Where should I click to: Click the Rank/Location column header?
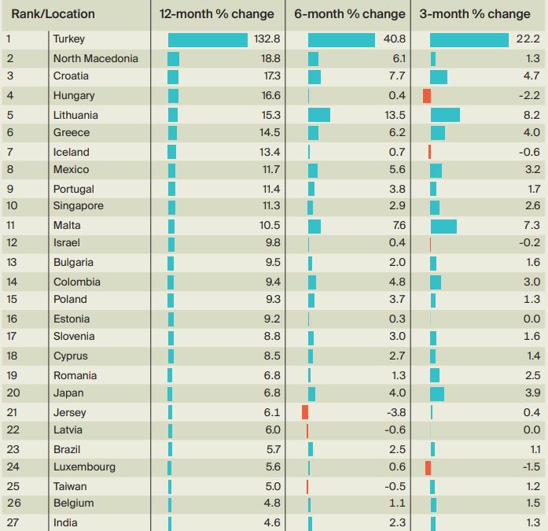pyautogui.click(x=53, y=14)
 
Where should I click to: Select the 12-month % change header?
pyautogui.click(x=216, y=14)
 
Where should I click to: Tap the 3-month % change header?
pyautogui.click(x=474, y=14)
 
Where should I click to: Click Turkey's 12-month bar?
pyautogui.click(x=208, y=39)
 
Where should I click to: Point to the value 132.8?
pyautogui.click(x=267, y=39)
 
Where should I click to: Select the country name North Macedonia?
pyautogui.click(x=95, y=58)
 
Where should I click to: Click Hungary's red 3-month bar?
pyautogui.click(x=427, y=95)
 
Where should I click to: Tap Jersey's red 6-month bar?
pyautogui.click(x=305, y=412)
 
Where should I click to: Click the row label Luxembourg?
pyautogui.click(x=84, y=466)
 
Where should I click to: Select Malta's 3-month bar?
pyautogui.click(x=443, y=226)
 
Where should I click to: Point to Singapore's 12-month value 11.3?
pyautogui.click(x=270, y=206)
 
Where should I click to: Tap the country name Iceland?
pyautogui.click(x=72, y=152)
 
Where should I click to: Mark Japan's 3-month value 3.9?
pyautogui.click(x=532, y=393)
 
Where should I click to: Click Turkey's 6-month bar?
pyautogui.click(x=341, y=39)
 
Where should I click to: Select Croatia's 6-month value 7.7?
pyautogui.click(x=398, y=76)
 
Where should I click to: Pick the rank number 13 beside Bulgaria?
pyautogui.click(x=12, y=263)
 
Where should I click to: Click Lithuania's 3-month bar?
pyautogui.click(x=445, y=115)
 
